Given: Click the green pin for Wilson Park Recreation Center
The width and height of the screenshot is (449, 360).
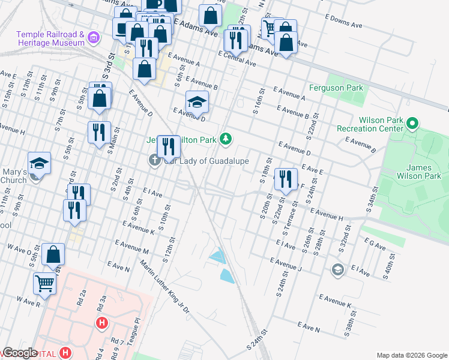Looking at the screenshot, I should (412, 124).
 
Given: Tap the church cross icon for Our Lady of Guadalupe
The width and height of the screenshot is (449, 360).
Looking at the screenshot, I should (154, 160).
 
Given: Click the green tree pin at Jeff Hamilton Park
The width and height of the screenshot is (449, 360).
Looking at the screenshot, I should (225, 139).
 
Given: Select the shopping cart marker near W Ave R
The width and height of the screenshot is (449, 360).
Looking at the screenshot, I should (45, 284).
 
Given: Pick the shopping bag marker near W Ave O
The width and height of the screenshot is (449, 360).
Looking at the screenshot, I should (53, 254).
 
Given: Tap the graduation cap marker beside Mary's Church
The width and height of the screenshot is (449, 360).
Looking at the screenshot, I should (39, 164).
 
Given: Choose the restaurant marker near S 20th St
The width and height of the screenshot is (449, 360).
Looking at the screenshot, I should (285, 179).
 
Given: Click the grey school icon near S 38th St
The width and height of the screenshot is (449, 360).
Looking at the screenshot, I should (337, 269).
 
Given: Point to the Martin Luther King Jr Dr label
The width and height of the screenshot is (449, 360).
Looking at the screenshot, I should (164, 285).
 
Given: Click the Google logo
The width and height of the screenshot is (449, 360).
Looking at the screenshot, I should (19, 352).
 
